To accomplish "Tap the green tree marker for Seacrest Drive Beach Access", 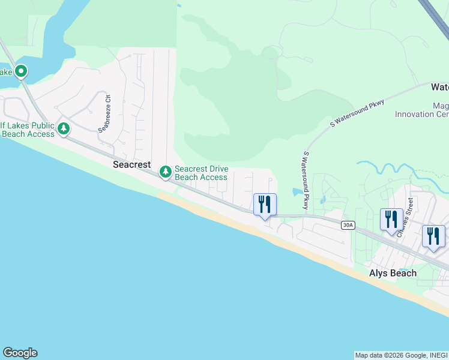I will [x=165, y=173].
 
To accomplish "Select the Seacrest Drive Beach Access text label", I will [x=200, y=173].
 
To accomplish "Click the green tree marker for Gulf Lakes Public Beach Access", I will [x=63, y=128].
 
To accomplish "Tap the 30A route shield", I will [x=348, y=225].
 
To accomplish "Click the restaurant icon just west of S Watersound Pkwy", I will [x=265, y=204].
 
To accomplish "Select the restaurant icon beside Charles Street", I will [x=391, y=219].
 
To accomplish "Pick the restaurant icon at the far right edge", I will [x=433, y=236].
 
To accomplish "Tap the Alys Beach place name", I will [x=392, y=273].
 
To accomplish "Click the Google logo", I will [x=20, y=353].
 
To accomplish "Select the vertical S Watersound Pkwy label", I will [x=306, y=180].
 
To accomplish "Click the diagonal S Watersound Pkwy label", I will [x=357, y=114].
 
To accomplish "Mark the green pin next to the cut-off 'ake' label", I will [x=21, y=72].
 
